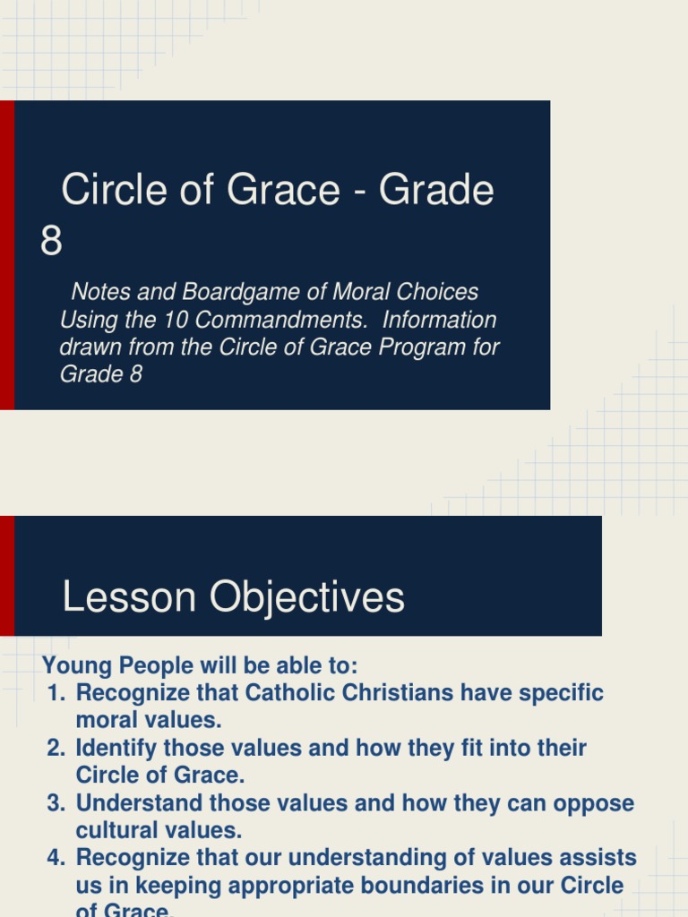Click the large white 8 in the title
[52, 241]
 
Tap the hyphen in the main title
[359, 191]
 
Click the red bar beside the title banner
[7, 255]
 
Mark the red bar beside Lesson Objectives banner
[7, 576]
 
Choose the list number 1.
[56, 693]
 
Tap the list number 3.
[56, 802]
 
